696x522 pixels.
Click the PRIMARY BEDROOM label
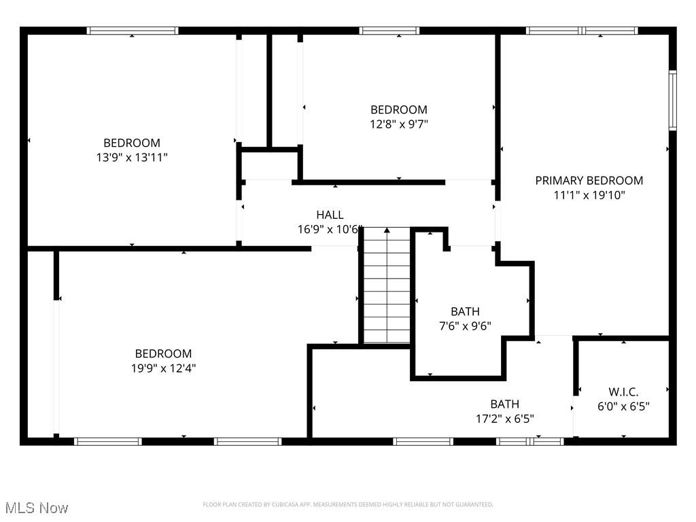tap(589, 180)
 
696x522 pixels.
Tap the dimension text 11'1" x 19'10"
tap(589, 195)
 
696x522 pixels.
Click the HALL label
tap(330, 215)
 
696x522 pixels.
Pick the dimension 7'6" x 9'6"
tap(465, 326)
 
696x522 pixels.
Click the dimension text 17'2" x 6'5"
tap(505, 419)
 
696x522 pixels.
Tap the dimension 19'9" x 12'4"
tap(163, 368)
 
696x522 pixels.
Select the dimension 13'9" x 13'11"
tap(132, 158)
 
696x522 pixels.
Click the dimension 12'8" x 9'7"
tap(399, 124)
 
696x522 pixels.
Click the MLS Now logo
tap(37, 508)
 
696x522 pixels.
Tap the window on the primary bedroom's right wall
tap(672, 101)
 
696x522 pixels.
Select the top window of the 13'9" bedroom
tap(133, 31)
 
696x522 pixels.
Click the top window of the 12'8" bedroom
tap(389, 31)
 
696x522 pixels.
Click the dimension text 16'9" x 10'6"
tap(330, 230)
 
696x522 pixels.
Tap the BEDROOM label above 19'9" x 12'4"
tap(163, 353)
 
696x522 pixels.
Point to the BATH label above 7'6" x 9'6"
tap(465, 311)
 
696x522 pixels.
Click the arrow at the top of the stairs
tap(387, 231)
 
